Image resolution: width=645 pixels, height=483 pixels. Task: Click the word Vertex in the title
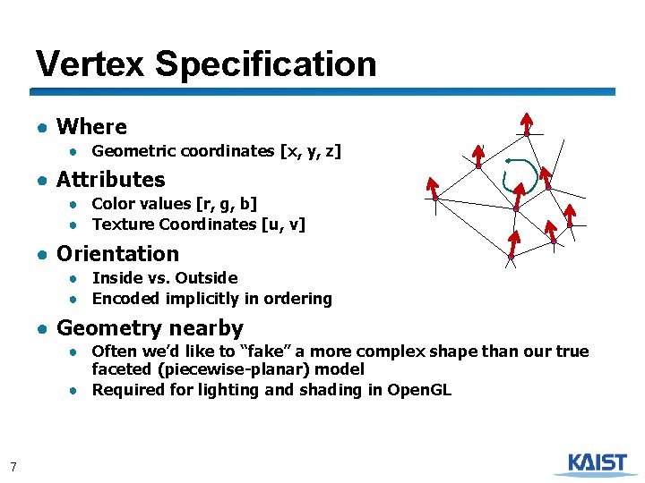point(90,64)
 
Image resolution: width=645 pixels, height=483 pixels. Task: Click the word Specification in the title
point(265,64)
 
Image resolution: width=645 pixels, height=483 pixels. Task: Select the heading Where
point(91,127)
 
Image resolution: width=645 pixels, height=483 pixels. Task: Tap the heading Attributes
point(110,180)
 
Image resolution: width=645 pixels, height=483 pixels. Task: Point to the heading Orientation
point(117,254)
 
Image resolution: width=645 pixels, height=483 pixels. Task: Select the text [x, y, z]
point(310,151)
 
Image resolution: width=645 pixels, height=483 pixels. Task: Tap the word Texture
point(123,225)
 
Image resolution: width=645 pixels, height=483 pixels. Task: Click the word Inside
point(117,278)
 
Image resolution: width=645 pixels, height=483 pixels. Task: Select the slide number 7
point(13,466)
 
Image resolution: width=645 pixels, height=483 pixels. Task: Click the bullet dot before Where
point(42,128)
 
